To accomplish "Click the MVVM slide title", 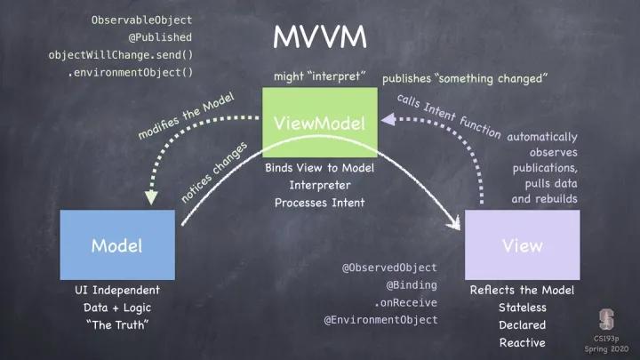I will click(319, 36).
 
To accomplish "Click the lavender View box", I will click(522, 245).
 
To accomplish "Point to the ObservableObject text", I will click(141, 19).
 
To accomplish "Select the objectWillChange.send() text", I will click(120, 54).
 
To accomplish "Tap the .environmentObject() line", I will click(130, 72).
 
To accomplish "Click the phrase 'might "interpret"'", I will click(319, 76).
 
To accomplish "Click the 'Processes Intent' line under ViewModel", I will click(319, 202).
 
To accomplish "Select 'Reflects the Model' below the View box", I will click(522, 291).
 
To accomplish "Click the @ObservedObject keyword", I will click(390, 268).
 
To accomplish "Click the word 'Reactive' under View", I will click(522, 342).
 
